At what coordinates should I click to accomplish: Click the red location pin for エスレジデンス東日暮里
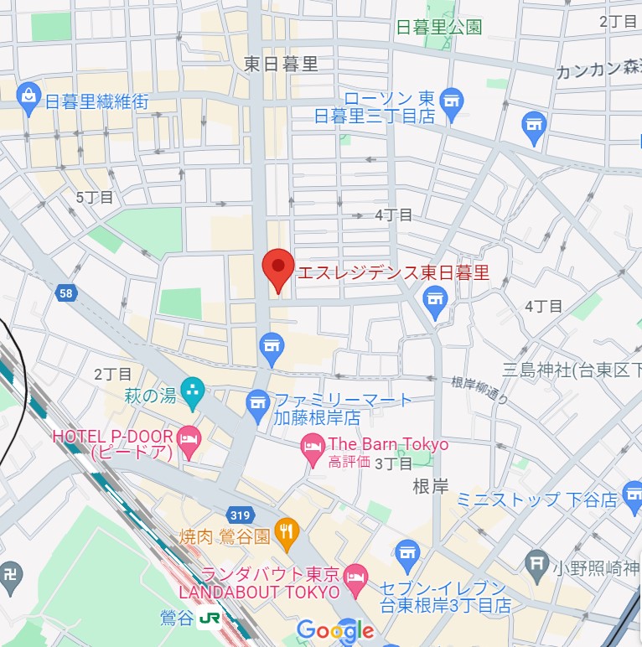pos(277,268)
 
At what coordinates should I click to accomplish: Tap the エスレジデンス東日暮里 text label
pos(394,272)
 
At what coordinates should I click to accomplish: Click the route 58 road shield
pos(66,293)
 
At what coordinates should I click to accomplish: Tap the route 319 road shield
pos(239,512)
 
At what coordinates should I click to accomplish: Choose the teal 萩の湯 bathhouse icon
pos(194,389)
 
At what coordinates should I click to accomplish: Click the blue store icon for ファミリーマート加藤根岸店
pos(257,405)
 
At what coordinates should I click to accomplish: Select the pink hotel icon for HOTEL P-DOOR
pos(189,438)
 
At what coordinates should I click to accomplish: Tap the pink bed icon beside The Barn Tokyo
pos(313,444)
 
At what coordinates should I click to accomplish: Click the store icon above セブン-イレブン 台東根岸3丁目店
pos(407,552)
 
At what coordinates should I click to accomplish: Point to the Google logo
pos(335,630)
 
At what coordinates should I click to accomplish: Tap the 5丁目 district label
pos(94,198)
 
